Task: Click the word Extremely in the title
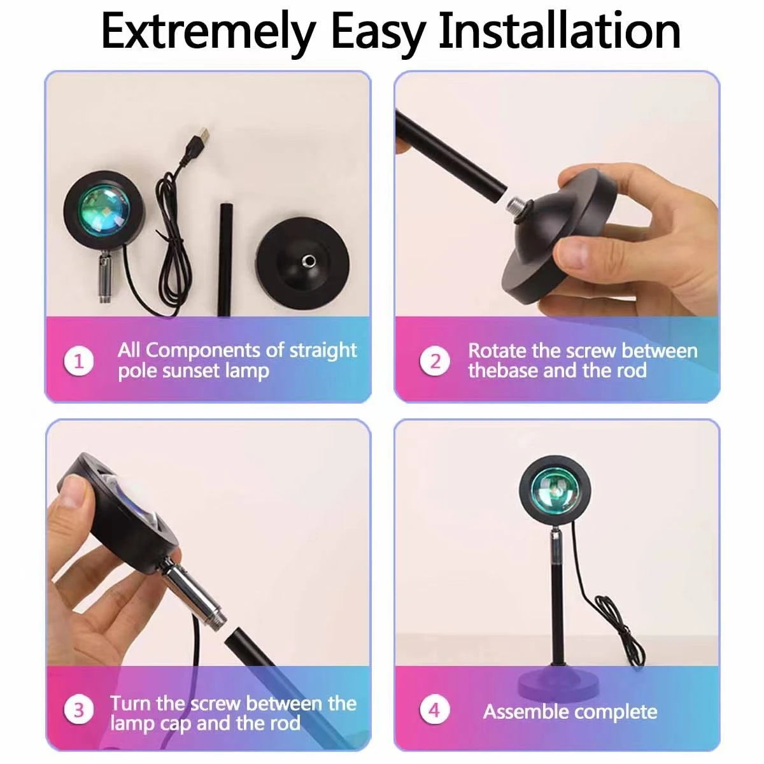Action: click(207, 32)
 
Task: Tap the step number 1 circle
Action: click(79, 361)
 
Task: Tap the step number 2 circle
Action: click(435, 361)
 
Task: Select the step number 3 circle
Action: click(79, 709)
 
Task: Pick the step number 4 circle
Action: click(435, 709)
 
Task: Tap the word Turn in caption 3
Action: click(131, 704)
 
